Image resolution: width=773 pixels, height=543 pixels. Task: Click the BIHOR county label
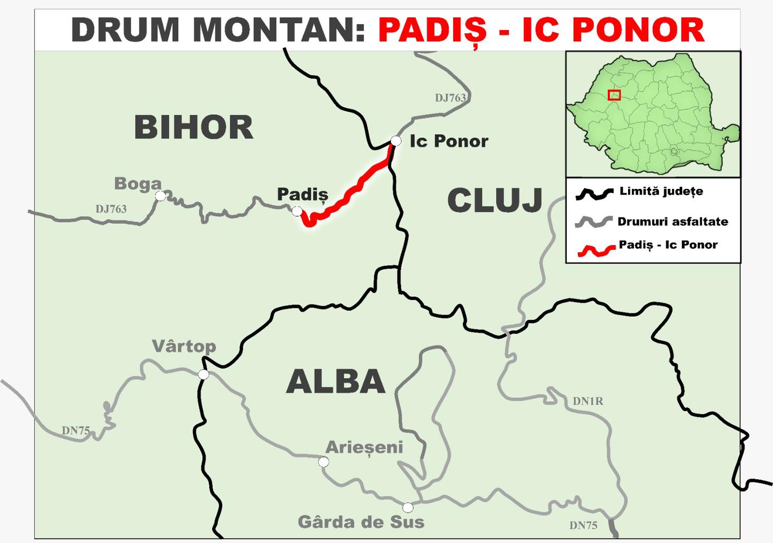[193, 128]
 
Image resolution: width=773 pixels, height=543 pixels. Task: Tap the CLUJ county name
[494, 201]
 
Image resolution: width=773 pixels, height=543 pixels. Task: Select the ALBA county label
[336, 381]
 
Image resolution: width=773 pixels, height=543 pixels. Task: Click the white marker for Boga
[161, 196]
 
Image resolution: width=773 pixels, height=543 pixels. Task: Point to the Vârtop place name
[184, 346]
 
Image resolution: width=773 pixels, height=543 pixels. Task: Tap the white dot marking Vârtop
[203, 375]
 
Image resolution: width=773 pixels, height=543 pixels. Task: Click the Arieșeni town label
[364, 447]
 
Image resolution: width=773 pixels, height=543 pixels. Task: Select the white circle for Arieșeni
[324, 462]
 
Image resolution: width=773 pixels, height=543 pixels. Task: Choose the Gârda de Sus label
[361, 522]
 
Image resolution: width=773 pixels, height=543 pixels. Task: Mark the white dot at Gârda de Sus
[408, 508]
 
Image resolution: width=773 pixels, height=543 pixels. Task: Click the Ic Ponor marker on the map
[396, 141]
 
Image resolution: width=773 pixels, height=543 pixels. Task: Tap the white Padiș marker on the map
[297, 211]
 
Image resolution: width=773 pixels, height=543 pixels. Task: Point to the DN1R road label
[588, 401]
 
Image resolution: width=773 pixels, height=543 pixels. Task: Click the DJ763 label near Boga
[111, 209]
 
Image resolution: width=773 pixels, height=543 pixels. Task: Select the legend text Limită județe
[661, 192]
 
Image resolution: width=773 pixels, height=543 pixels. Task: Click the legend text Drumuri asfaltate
[673, 222]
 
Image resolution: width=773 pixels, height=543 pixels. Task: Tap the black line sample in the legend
[594, 194]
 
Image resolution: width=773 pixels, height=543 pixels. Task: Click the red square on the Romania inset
[614, 95]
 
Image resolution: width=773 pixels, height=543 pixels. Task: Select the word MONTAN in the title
[279, 30]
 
